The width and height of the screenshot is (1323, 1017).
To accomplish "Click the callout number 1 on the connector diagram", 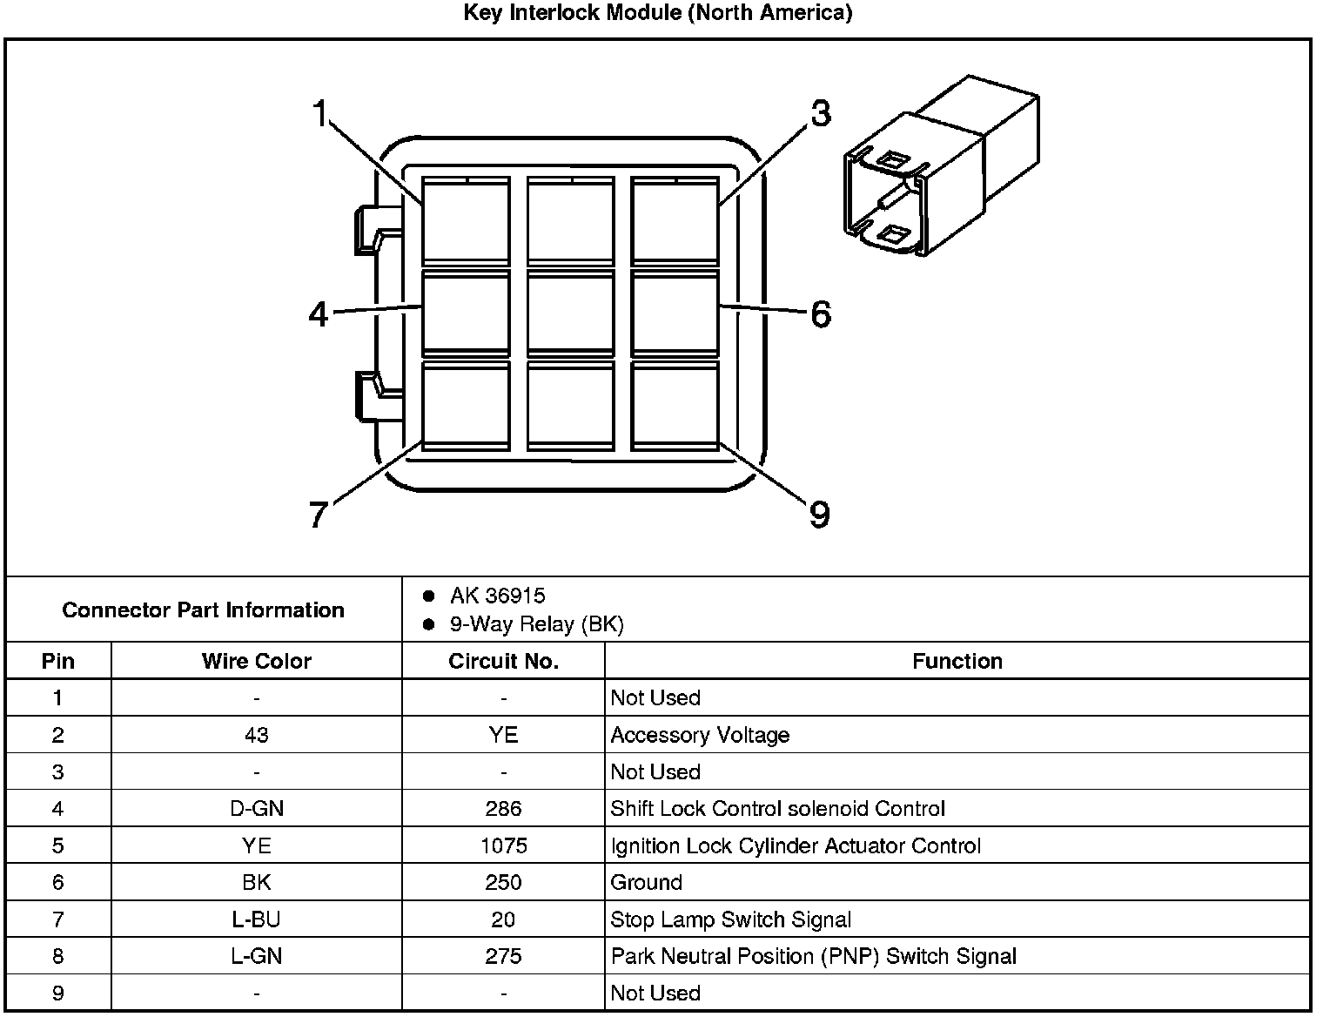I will [x=319, y=113].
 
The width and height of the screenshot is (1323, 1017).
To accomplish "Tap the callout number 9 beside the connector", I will [x=819, y=515].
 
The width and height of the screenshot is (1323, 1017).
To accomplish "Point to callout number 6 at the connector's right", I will [x=820, y=314].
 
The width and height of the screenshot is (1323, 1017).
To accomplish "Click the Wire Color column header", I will [x=256, y=661].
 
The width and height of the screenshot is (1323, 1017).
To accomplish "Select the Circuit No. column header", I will [x=503, y=661].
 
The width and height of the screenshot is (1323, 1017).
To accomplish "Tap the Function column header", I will [x=957, y=661].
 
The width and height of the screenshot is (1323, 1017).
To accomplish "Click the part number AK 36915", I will [x=497, y=596].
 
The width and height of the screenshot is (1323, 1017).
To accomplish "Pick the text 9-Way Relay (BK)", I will [x=536, y=624].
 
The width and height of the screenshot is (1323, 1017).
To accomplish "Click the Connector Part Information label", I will [x=203, y=610].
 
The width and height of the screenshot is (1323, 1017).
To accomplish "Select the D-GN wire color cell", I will [x=256, y=809].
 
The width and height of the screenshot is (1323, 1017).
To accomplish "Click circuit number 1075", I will [x=503, y=845].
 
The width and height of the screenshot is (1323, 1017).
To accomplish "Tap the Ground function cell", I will [x=646, y=882].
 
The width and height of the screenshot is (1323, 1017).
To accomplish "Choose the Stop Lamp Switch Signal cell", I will [x=730, y=919].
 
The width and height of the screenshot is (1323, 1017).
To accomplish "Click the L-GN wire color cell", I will [x=256, y=956].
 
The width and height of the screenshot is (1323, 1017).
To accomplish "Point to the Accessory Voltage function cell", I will [x=700, y=735].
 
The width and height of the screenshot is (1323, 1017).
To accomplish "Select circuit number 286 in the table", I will [x=503, y=809].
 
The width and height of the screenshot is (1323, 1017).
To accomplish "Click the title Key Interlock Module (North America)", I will [x=657, y=13].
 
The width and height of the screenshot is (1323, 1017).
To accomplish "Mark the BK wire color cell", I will [x=256, y=882].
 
